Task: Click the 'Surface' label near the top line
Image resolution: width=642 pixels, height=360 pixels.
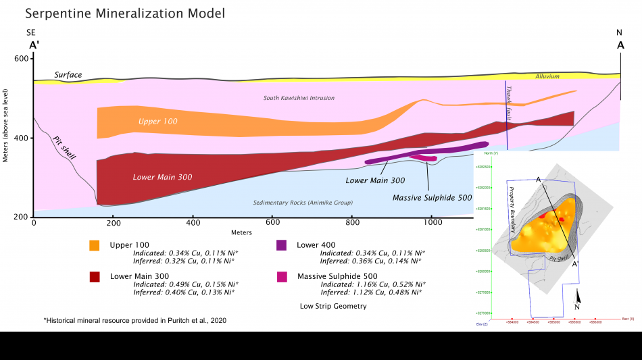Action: tap(68, 75)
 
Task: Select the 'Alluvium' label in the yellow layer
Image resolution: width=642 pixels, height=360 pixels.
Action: tap(547, 76)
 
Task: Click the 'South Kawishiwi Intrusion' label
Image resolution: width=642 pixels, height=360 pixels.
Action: tap(299, 98)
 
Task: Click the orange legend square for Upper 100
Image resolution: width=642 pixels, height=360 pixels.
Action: tap(95, 245)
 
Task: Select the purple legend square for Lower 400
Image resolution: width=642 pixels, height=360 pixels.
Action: tap(282, 245)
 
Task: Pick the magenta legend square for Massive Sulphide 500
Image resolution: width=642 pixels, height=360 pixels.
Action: tap(282, 277)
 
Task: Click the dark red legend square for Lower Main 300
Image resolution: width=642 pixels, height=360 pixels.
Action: tap(95, 277)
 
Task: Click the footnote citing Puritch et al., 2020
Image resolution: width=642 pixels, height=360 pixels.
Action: tap(135, 320)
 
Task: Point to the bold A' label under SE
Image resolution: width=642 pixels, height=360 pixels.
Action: tap(34, 45)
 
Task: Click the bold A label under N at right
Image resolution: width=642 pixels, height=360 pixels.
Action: tap(620, 45)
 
